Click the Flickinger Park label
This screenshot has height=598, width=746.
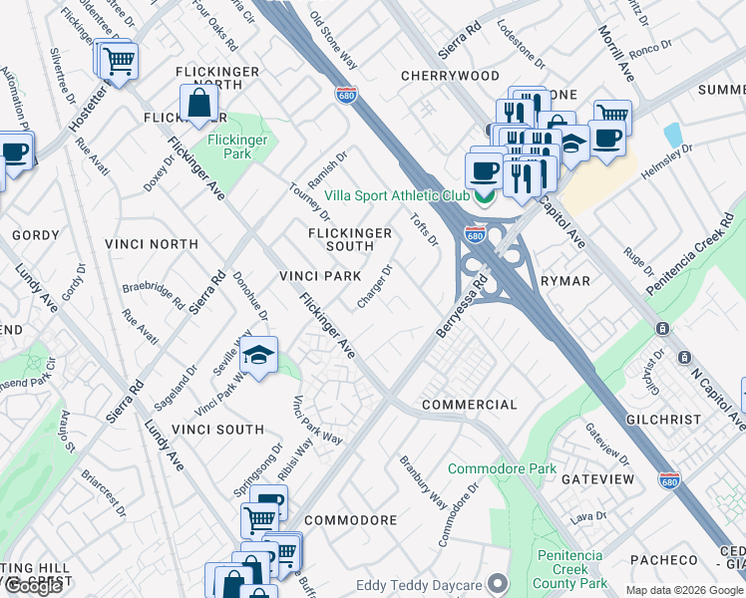tap(237, 148)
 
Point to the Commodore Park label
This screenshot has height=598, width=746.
tap(502, 468)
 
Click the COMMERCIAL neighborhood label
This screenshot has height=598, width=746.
tap(470, 405)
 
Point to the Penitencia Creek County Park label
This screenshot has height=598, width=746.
tap(571, 569)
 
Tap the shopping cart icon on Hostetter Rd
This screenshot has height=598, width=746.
tap(118, 61)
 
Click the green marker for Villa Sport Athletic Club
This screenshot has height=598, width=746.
tap(485, 195)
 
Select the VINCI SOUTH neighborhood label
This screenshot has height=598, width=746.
tap(218, 430)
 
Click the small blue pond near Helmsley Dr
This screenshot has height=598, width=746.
tap(672, 134)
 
